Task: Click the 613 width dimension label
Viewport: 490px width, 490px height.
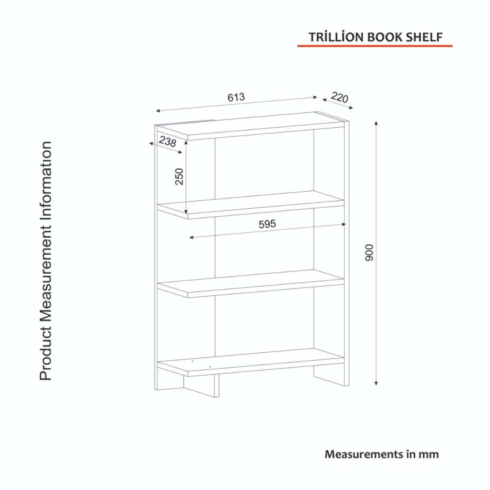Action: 236,97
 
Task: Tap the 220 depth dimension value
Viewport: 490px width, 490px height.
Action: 339,97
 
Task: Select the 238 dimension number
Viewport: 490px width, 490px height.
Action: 167,141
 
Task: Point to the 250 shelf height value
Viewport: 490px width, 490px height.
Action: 179,176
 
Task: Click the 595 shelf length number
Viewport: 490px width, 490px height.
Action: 267,224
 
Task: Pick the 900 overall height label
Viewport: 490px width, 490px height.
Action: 369,253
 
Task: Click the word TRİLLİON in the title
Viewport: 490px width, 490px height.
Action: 336,37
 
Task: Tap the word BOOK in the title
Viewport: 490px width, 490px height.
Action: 385,37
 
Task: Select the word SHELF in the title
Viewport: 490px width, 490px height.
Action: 424,37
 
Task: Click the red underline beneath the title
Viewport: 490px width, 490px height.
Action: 375,46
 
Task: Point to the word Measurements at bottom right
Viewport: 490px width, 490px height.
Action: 364,454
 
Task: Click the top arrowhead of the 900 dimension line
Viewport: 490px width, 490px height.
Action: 376,123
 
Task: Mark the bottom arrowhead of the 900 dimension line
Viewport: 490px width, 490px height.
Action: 376,383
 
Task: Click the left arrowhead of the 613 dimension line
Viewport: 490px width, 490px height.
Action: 158,111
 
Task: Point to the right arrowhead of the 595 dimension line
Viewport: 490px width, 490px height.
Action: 344,224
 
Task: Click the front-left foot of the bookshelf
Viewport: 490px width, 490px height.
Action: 202,385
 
